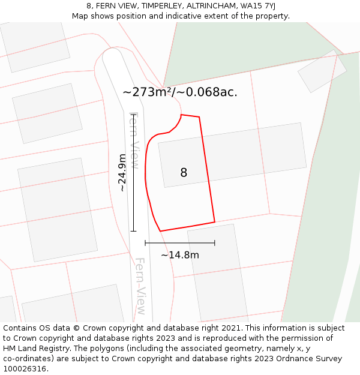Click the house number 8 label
pyautogui.click(x=184, y=173)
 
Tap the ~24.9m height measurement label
pyautogui.click(x=122, y=173)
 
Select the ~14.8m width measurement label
pyautogui.click(x=180, y=255)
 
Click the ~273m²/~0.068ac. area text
pyautogui.click(x=180, y=92)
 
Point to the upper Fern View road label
pyautogui.click(x=134, y=140)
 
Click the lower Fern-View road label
pyautogui.click(x=140, y=287)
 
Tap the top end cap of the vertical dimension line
pyautogui.click(x=133, y=115)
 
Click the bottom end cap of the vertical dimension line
pyautogui.click(x=133, y=231)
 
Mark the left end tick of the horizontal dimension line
pyautogui.click(x=145, y=243)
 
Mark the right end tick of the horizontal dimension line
pyautogui.click(x=215, y=243)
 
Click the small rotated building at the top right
pyautogui.click(x=322, y=71)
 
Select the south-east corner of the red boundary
pyautogui.click(x=215, y=222)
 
